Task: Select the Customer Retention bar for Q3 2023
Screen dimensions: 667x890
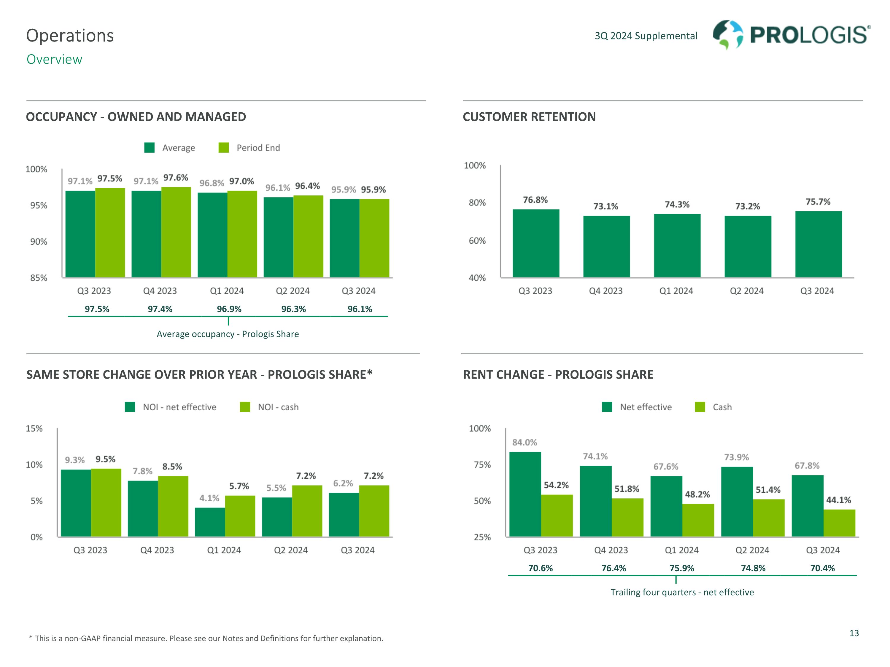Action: pyautogui.click(x=535, y=243)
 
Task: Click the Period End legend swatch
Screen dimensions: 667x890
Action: pyautogui.click(x=224, y=148)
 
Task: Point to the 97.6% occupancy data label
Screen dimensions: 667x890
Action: pyautogui.click(x=176, y=178)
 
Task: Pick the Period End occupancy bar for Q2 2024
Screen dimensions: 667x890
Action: pyautogui.click(x=308, y=236)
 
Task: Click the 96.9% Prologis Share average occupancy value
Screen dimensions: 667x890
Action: pyautogui.click(x=229, y=309)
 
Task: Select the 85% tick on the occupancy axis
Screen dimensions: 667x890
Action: pyautogui.click(x=39, y=278)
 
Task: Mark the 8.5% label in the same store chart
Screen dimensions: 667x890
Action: pyautogui.click(x=172, y=467)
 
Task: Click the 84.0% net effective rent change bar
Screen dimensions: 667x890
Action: pyautogui.click(x=525, y=494)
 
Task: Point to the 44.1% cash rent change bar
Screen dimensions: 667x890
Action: pyautogui.click(x=839, y=523)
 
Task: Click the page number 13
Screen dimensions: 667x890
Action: pyautogui.click(x=854, y=633)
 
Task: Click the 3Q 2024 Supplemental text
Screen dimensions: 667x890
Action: pyautogui.click(x=646, y=36)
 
